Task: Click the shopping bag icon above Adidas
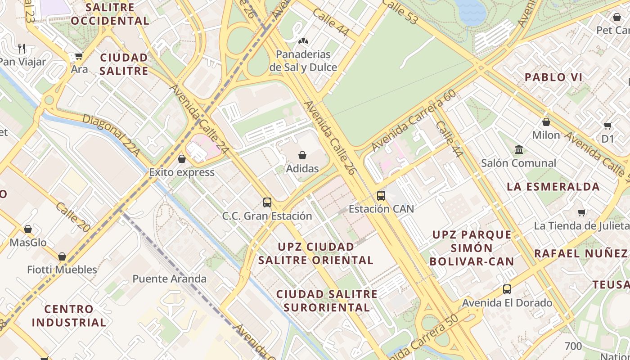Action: click(x=302, y=155)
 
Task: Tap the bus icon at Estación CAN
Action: click(x=381, y=196)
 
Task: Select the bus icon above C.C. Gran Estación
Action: click(x=267, y=202)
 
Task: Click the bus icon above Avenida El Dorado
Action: click(x=507, y=289)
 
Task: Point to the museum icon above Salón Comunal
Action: click(x=519, y=149)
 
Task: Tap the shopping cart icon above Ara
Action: click(x=79, y=56)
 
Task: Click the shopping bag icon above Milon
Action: click(x=546, y=122)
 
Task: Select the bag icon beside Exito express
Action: click(x=182, y=159)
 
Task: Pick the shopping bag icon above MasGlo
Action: click(x=28, y=229)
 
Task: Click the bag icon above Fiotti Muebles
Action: click(x=62, y=256)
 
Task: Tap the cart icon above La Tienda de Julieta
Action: click(x=582, y=212)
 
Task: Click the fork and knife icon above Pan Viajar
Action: click(x=22, y=48)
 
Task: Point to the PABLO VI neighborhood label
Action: click(x=553, y=77)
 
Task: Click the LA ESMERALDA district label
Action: click(x=553, y=187)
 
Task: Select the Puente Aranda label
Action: click(x=169, y=279)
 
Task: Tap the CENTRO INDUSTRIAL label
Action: click(x=69, y=316)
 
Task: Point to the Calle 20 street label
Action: click(x=73, y=217)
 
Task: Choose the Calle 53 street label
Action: click(x=400, y=12)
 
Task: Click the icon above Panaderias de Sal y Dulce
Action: click(x=303, y=41)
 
